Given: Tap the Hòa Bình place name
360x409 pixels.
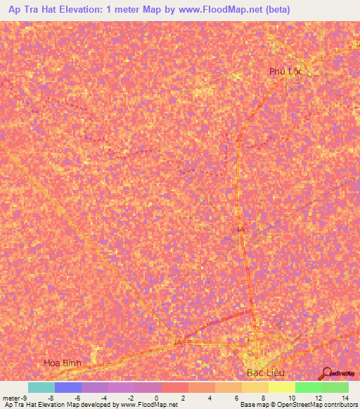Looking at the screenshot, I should (63, 363).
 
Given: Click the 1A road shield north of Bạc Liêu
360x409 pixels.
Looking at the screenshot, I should (241, 229).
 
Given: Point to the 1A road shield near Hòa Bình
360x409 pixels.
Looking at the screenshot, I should (177, 342).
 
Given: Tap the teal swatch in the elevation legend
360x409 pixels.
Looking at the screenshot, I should (41, 387).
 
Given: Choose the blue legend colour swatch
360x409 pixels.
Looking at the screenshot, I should (68, 387).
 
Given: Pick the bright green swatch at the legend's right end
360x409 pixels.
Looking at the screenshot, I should (335, 387).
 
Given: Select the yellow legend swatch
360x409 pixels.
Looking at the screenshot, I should (281, 387).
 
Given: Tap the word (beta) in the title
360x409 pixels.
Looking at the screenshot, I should (278, 10).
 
